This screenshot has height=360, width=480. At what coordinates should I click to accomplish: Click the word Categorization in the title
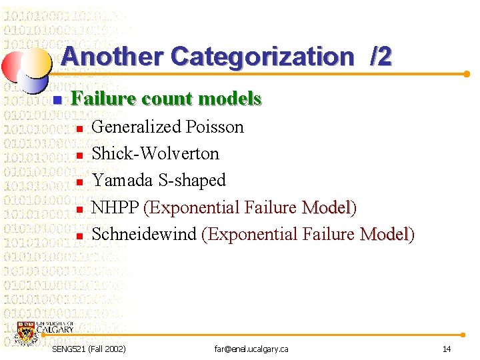[263, 57]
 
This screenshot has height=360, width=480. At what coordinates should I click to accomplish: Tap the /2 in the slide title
[381, 57]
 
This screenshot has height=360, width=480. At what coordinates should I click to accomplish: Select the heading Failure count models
[166, 99]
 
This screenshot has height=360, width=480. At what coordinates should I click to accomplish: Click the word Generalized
[137, 127]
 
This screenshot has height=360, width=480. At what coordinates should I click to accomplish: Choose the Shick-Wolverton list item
[155, 153]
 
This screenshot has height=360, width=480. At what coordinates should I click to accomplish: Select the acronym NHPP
[115, 207]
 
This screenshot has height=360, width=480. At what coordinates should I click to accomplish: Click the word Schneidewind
[144, 234]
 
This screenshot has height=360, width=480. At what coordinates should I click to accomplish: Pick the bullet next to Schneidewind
[79, 236]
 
